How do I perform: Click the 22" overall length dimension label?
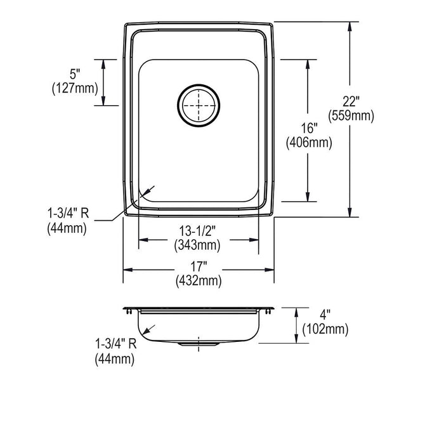coord(351,101)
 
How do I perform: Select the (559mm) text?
coord(351,115)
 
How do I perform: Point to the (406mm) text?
coord(309,143)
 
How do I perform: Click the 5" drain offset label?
coord(75,74)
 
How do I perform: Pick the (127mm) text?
coord(75,88)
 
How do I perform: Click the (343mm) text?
coord(197,245)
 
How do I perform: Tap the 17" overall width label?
coord(199,266)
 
